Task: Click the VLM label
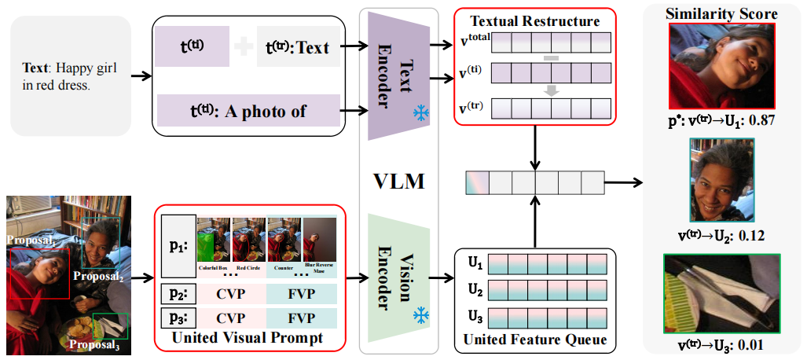pyautogui.click(x=398, y=182)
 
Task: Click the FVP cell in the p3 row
pyautogui.click(x=302, y=318)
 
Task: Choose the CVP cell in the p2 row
pyautogui.click(x=231, y=294)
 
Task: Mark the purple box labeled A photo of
pyautogui.click(x=248, y=111)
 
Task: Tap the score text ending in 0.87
pyautogui.click(x=722, y=122)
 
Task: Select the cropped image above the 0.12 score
pyautogui.click(x=722, y=182)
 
